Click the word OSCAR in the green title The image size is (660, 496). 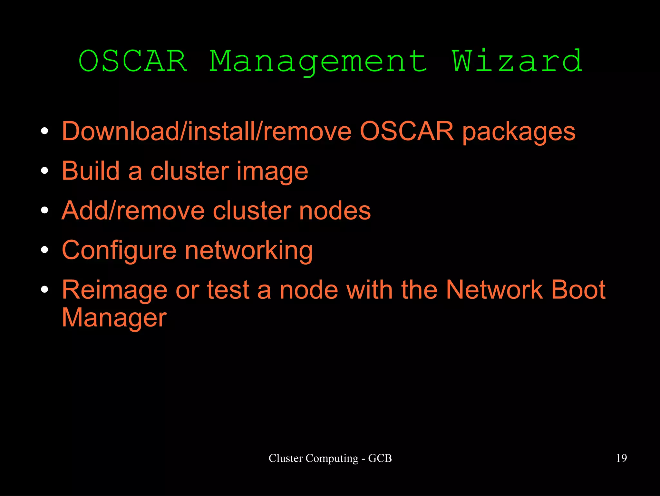[x=133, y=61]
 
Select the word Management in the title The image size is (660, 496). [x=318, y=62]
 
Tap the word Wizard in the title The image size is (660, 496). [x=517, y=61]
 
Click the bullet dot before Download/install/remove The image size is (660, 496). [x=45, y=131]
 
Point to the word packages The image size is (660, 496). [x=519, y=132]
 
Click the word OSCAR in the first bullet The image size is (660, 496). [x=407, y=131]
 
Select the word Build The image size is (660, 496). [x=91, y=171]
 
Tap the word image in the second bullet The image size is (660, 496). [x=272, y=171]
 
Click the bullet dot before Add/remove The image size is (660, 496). [x=45, y=210]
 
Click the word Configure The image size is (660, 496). [x=119, y=251]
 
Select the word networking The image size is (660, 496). [x=248, y=251]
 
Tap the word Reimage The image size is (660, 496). [x=114, y=290]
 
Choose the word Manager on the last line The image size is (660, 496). [x=114, y=318]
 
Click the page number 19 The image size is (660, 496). [x=621, y=458]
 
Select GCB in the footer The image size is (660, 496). [x=380, y=458]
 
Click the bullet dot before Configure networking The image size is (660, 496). [x=45, y=250]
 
